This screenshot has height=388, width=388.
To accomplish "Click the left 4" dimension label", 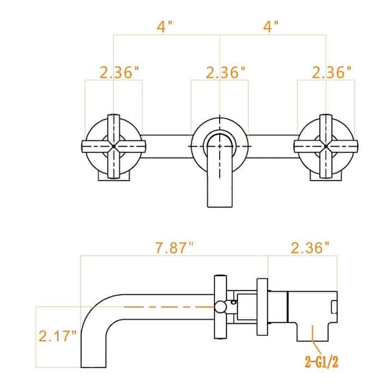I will click(166, 28).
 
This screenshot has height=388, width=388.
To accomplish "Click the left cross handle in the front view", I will click(113, 147).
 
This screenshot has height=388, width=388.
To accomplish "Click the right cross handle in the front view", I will click(325, 147).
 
